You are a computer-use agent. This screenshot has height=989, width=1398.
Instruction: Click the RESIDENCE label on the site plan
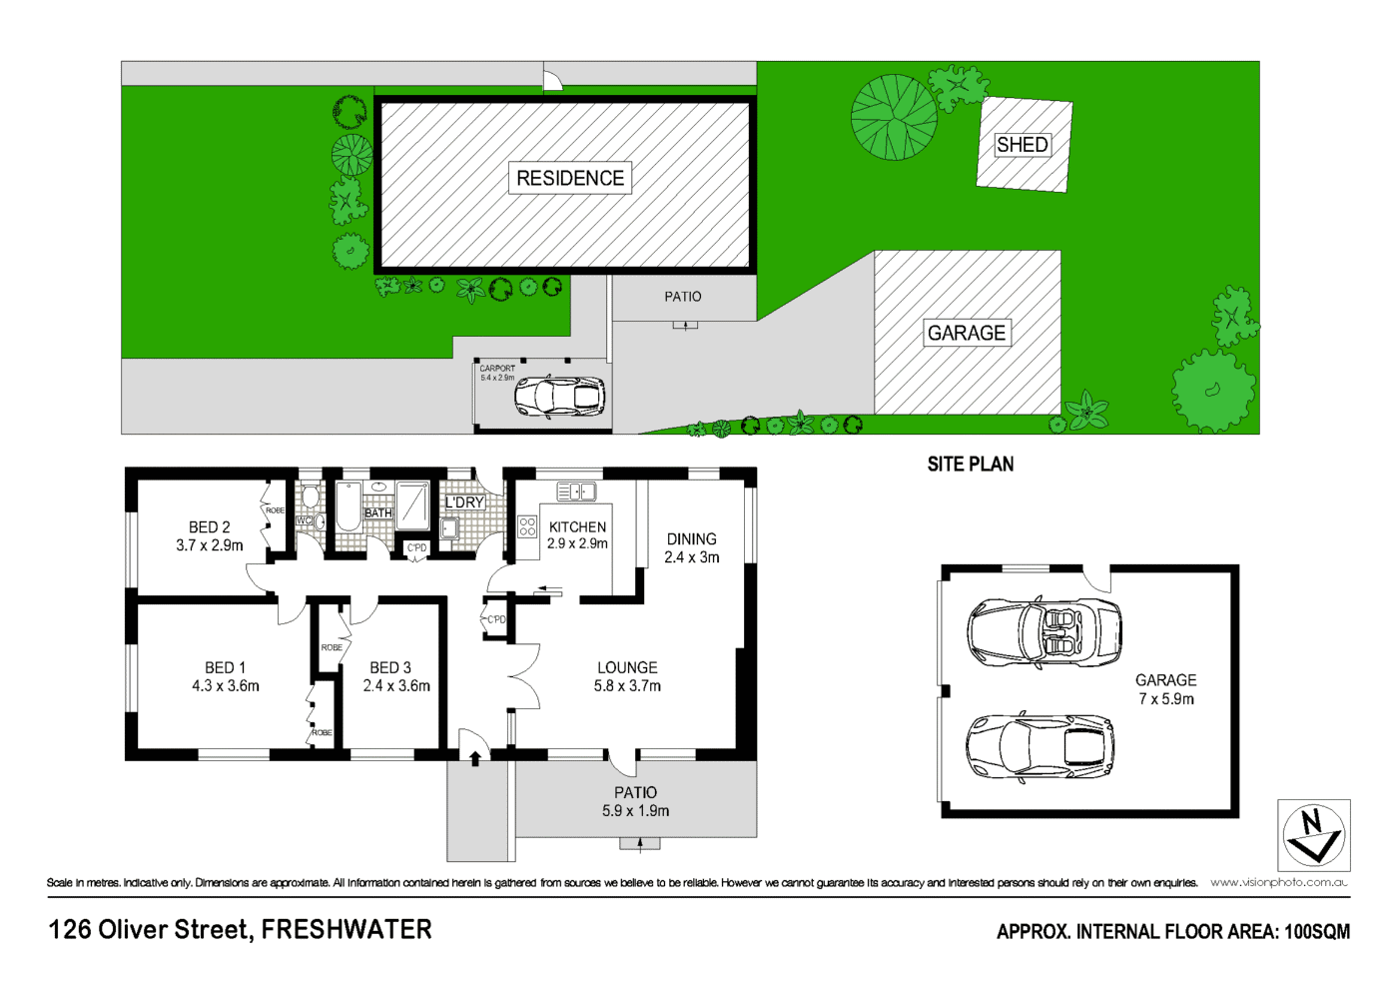coord(570,178)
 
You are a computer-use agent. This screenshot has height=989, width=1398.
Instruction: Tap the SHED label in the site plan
coord(1023,145)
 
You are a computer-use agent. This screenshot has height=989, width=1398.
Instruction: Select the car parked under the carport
coord(559,397)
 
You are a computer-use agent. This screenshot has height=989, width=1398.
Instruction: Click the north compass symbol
coord(1313,835)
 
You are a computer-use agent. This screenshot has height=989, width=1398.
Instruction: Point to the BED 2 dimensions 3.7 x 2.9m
coord(210,545)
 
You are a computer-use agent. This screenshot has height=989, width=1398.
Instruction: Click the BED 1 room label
coord(225,667)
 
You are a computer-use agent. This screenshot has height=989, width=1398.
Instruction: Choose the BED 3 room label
coord(390,667)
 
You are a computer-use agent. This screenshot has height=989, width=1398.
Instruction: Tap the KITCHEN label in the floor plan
coord(577,526)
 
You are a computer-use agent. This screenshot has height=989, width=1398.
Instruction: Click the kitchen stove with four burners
coord(527,526)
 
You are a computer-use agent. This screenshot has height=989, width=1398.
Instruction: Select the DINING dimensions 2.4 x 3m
coord(692,557)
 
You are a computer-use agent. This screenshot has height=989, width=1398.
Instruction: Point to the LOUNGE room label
coord(627,667)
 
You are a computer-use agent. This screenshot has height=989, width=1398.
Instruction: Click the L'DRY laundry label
coord(464,502)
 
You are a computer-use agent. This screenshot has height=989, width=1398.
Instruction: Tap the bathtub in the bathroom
coord(348,506)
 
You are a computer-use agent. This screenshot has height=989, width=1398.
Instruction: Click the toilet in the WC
coord(311,496)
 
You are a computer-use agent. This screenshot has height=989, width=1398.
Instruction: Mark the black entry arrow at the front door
coord(475,758)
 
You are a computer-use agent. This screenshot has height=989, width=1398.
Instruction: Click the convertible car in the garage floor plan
coord(1044,631)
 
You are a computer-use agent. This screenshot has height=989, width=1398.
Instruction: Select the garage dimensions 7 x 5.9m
coord(1166,699)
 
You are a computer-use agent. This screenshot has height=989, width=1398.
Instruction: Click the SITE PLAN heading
coord(970,465)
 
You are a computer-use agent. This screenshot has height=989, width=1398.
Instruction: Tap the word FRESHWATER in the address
coord(347,930)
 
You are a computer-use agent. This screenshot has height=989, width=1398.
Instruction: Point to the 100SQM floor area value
coord(1316,932)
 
